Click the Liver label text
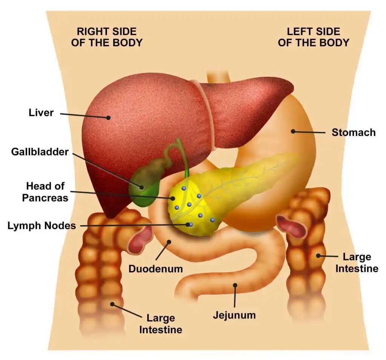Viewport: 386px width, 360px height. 41,112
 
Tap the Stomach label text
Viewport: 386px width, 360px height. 353,133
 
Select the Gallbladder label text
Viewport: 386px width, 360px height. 40,152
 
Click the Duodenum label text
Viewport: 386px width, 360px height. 155,269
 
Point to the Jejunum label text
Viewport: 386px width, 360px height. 234,315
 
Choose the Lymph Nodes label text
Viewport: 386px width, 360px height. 41,226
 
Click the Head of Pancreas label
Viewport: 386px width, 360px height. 45,192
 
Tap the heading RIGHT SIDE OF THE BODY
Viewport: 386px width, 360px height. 107,37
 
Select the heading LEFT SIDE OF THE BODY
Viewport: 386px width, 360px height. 313,37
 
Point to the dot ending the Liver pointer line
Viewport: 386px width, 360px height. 108,117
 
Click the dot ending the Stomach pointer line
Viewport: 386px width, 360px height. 293,131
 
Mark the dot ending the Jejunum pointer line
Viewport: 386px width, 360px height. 235,285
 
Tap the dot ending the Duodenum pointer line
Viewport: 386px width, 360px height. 169,242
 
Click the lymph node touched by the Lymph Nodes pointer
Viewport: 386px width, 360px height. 191,224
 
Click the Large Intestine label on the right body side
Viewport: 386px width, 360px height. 161,324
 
